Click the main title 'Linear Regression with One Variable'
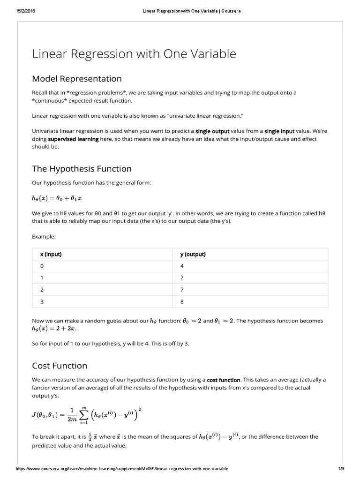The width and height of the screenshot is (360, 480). click(134, 54)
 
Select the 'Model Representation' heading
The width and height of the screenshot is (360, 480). click(76, 79)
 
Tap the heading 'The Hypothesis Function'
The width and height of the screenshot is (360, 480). click(82, 169)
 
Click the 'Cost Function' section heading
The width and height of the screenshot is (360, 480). click(60, 366)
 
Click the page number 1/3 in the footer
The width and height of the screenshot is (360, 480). click(341, 469)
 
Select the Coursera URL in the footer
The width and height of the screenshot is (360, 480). click(122, 469)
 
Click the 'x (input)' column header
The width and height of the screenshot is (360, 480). click(51, 255)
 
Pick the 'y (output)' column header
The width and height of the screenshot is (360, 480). click(193, 255)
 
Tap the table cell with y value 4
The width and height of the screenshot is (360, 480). click(182, 266)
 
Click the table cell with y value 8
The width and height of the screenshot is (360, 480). click(182, 301)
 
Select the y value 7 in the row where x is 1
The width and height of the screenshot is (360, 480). click(182, 278)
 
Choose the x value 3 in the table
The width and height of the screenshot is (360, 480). click(42, 301)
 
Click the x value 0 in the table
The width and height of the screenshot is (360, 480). click(42, 266)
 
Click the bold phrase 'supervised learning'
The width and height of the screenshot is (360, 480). click(73, 139)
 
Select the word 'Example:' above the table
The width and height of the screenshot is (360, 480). click(44, 237)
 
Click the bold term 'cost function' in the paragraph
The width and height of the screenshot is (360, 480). click(224, 380)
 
